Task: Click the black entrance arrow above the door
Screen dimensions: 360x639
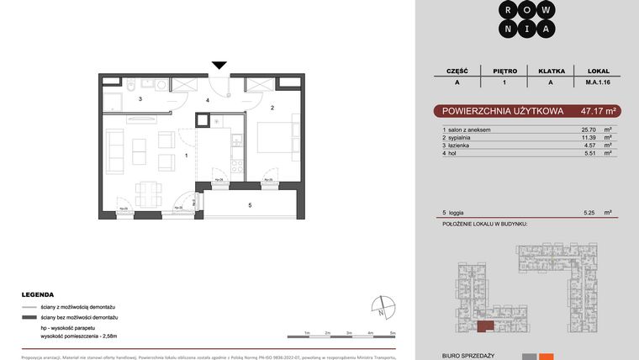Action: tap(219, 66)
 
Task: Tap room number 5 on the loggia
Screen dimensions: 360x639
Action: tap(250, 204)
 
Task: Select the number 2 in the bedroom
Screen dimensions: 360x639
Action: tap(272, 108)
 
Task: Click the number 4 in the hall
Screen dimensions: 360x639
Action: tap(208, 101)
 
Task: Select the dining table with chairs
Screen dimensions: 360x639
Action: tap(151, 193)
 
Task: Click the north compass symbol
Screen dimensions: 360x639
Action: tap(381, 308)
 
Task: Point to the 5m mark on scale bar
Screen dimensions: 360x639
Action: tap(393, 333)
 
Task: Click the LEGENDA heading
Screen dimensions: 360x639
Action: tap(39, 296)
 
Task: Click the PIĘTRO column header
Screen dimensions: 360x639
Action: tap(504, 72)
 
